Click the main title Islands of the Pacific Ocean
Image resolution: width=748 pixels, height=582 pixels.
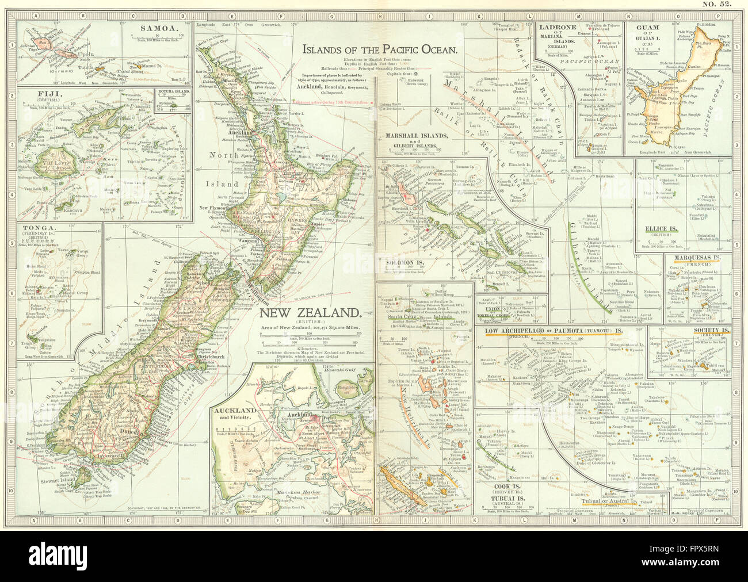(380, 50)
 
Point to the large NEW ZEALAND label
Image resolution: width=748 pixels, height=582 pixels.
(310, 313)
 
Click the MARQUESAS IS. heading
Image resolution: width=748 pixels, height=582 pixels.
(698, 259)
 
